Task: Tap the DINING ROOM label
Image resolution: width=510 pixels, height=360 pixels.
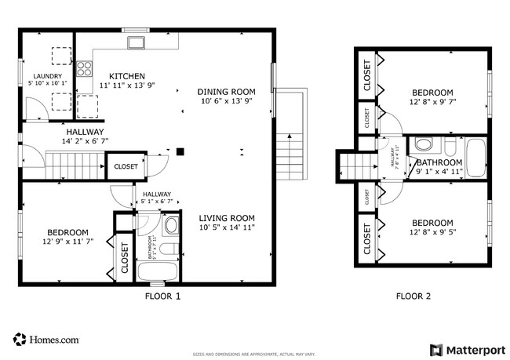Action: pyautogui.click(x=228, y=91)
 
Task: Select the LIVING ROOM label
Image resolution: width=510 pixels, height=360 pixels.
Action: pyautogui.click(x=226, y=217)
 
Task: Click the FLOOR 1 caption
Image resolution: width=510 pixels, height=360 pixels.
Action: pyautogui.click(x=163, y=296)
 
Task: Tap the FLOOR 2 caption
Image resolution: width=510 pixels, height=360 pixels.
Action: pyautogui.click(x=413, y=296)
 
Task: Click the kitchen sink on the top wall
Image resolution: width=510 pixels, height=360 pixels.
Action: pyautogui.click(x=135, y=42)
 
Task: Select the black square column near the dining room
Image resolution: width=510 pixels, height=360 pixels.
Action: pyautogui.click(x=180, y=152)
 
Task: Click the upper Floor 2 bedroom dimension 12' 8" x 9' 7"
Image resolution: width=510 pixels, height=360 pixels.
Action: pyautogui.click(x=432, y=102)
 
